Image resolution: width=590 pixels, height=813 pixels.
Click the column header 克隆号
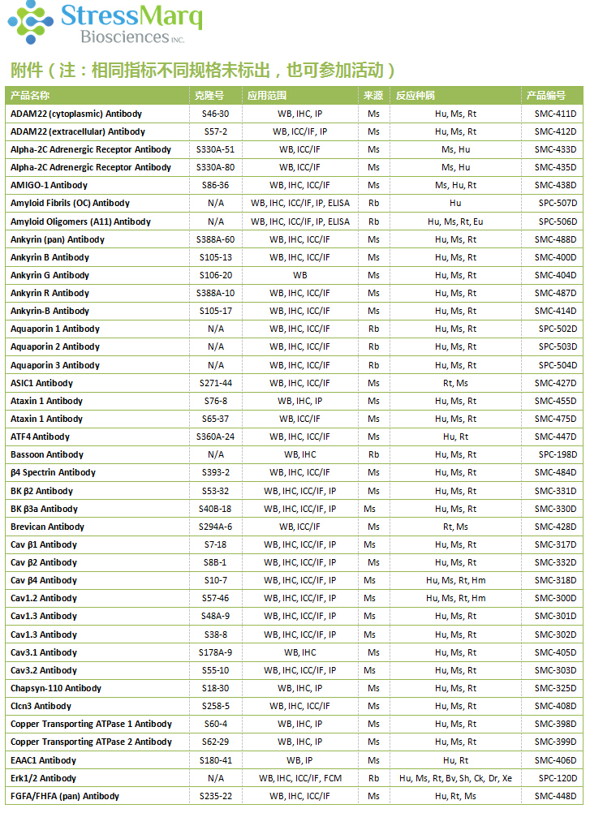(209, 96)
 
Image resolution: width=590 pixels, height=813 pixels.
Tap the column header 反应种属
(415, 96)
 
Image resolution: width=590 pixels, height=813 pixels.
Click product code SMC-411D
(555, 114)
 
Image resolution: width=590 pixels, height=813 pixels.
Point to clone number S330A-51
(215, 149)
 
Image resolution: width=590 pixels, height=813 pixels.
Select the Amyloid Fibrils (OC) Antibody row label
(70, 203)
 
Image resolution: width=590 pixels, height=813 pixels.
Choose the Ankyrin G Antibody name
(50, 275)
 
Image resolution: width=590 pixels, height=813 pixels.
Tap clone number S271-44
(216, 383)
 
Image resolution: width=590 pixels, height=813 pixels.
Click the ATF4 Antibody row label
(40, 437)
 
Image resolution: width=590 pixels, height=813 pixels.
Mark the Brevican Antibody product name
(47, 527)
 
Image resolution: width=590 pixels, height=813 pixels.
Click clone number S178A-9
(216, 652)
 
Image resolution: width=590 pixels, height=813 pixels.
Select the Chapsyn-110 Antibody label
(56, 688)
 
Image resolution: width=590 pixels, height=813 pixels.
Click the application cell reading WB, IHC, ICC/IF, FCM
(299, 778)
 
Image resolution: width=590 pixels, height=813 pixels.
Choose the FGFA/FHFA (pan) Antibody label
(65, 796)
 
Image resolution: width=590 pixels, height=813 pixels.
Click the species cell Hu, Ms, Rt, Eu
(455, 222)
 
